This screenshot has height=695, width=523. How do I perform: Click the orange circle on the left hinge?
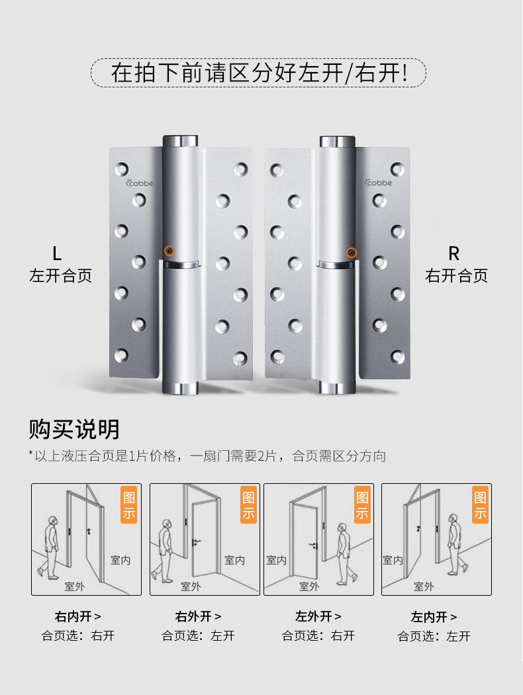click(x=169, y=251)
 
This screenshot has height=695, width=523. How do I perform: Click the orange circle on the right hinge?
click(x=352, y=252)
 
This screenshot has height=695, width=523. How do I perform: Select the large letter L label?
click(x=57, y=254)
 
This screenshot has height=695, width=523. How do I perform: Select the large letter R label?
click(x=453, y=254)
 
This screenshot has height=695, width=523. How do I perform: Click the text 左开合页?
click(x=60, y=276)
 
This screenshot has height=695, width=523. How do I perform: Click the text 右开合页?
click(x=456, y=276)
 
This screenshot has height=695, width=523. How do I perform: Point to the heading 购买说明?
click(x=74, y=429)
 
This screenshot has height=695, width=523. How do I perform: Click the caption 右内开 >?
click(x=78, y=617)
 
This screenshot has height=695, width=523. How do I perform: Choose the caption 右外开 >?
click(x=198, y=617)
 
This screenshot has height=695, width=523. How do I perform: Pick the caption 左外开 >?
click(x=318, y=617)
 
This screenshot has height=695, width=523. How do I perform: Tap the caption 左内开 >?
click(x=434, y=617)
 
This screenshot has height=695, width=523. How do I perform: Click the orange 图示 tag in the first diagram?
click(x=128, y=505)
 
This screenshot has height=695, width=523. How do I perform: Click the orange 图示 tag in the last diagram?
click(x=481, y=505)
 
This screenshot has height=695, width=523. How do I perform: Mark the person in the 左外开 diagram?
click(x=343, y=553)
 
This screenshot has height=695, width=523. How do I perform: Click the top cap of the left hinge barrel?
click(x=180, y=141)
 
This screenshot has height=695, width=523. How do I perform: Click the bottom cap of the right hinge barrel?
click(x=338, y=387)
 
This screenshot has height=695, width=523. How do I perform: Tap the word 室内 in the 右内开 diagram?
click(x=120, y=560)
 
